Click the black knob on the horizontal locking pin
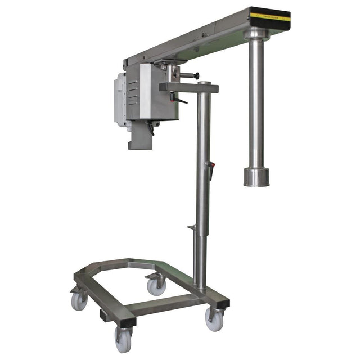[197, 76]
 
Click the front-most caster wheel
[123, 340]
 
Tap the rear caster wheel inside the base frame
[156, 286]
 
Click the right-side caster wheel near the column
[214, 319]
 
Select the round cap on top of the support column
[204, 84]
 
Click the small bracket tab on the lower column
[192, 227]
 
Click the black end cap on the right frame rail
[223, 303]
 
